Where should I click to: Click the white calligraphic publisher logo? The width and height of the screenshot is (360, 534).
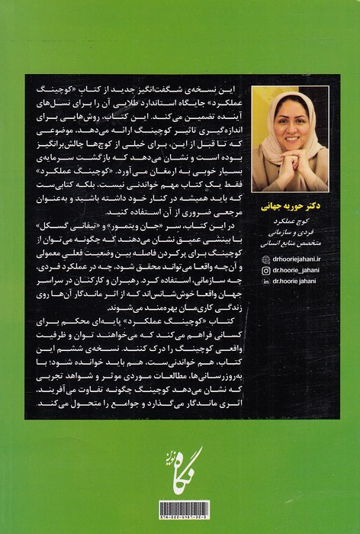point(180,465)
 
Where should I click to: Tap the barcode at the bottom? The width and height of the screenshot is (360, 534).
point(180,509)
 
